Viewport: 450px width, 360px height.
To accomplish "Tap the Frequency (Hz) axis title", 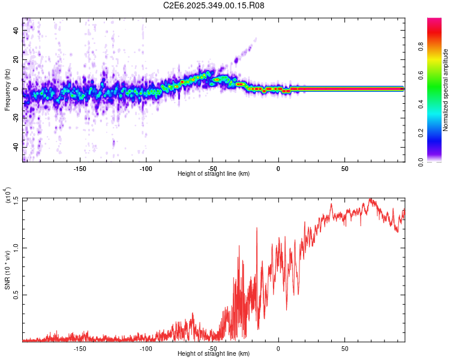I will tap(7, 89).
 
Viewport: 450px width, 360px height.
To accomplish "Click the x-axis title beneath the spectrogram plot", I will tap(214, 174).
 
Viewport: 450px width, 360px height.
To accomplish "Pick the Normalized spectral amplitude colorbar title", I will tap(446, 90).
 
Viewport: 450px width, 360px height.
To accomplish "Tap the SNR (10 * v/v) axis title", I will tap(7, 270).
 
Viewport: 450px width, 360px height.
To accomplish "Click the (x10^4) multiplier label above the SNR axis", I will tap(7, 195).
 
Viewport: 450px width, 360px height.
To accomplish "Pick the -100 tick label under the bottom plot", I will tap(146, 348).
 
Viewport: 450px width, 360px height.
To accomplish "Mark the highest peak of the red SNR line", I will tap(370, 199).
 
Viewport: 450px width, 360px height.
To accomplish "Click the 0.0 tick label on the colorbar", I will tap(422, 161).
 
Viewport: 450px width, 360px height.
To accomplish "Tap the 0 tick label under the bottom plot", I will tap(278, 348).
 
